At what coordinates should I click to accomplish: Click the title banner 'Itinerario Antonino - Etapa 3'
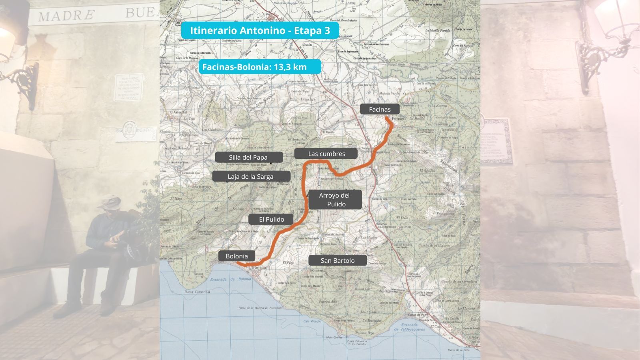click(x=260, y=30)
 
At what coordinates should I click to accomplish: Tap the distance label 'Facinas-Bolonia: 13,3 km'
click(x=260, y=67)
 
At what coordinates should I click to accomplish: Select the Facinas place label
click(x=380, y=109)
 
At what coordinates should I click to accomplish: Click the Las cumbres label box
click(x=326, y=154)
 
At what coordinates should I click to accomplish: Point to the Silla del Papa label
click(x=248, y=157)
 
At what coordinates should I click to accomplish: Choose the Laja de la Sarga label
click(x=251, y=176)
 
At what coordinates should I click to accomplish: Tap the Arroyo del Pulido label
click(x=334, y=200)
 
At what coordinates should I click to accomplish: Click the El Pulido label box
click(x=271, y=219)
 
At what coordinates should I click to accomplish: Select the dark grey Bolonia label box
click(x=236, y=256)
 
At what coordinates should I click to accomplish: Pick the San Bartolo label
click(x=337, y=260)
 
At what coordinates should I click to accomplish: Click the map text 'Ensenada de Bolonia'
click(x=231, y=279)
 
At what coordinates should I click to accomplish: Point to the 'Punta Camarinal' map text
click(x=197, y=292)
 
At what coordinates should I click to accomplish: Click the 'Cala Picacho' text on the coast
click(x=312, y=321)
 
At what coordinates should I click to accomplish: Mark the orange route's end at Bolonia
click(x=238, y=263)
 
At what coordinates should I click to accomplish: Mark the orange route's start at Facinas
click(x=387, y=118)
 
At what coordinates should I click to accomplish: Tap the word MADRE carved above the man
click(x=66, y=16)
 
